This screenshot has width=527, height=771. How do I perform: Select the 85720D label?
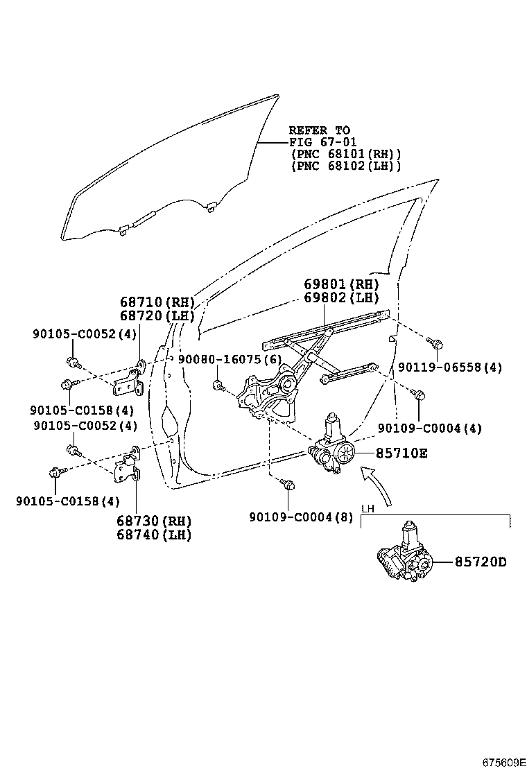coord(481,562)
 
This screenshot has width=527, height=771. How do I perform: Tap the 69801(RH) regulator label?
coord(341,284)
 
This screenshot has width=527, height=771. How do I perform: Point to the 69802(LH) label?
coord(341,298)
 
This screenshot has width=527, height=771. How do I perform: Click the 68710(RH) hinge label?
coord(157,302)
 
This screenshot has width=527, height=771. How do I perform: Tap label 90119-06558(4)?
coord(450,367)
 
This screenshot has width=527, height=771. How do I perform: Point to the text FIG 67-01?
coord(322,142)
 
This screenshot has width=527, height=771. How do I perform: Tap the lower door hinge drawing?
coord(128,469)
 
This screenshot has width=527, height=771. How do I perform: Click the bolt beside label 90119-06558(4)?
coord(436,343)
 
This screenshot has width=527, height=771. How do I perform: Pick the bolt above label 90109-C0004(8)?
coord(290,485)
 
